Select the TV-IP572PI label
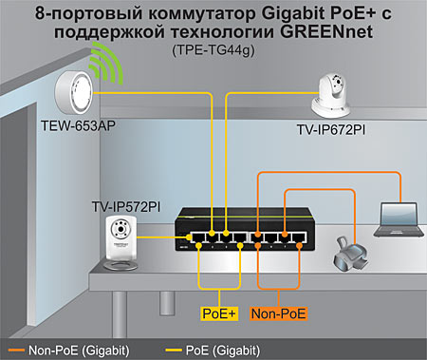125,205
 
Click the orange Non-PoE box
279,312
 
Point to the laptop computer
396,220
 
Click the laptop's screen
398,214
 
